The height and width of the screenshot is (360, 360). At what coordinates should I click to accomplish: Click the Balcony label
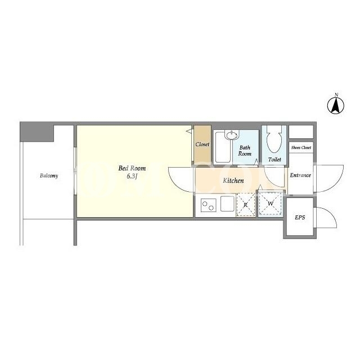49,176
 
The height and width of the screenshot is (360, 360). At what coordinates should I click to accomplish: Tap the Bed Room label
132,168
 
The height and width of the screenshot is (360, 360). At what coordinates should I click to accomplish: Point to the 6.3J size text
132,176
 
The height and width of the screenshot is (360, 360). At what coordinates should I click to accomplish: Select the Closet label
202,145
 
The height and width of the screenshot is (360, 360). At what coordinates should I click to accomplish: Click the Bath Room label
245,151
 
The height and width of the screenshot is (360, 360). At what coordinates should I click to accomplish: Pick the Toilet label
274,159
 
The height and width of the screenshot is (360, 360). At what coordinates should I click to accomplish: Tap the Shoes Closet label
301,147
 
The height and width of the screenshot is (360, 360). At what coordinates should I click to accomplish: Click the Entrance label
300,175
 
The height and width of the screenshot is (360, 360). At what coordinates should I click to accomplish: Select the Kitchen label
233,181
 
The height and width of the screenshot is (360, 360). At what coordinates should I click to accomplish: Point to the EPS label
300,218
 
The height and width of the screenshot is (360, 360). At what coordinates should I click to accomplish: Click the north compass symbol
336,105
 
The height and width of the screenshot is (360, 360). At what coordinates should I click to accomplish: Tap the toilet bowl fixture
274,139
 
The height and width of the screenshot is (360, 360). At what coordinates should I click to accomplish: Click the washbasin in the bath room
232,134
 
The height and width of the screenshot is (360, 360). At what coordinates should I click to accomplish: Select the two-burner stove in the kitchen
209,205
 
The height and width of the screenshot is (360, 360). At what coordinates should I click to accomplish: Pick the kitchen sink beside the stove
227,204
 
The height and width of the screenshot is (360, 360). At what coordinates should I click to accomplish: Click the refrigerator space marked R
246,205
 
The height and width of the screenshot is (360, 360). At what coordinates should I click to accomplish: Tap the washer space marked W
271,204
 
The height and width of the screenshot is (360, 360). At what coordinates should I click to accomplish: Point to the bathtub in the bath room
222,147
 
